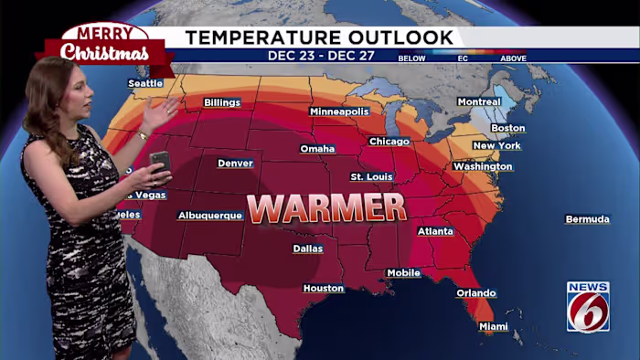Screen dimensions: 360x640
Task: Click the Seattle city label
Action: tap(145, 83)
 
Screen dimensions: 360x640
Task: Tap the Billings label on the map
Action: tap(222, 102)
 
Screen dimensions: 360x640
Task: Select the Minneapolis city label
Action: tap(339, 111)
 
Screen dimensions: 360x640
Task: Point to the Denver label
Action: tap(235, 164)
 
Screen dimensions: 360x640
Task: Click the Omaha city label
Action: tap(317, 149)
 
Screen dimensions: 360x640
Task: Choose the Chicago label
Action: tap(389, 142)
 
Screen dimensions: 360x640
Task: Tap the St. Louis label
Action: tap(371, 176)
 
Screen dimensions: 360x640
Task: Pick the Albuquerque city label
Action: tap(210, 216)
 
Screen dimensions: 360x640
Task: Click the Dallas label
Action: tap(307, 249)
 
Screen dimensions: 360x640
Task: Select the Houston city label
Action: tap(324, 289)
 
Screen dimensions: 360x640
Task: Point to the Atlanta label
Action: tap(435, 231)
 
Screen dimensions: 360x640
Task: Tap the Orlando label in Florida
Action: tap(476, 293)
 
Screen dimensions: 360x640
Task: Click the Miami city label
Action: tap(494, 326)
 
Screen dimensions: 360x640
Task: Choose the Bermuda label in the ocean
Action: tap(587, 219)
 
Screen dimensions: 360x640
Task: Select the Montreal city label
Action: tap(479, 101)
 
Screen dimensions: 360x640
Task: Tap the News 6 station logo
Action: tap(588, 306)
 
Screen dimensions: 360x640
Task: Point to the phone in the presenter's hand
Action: tap(160, 161)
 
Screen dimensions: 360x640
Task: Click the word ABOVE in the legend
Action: tap(513, 58)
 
